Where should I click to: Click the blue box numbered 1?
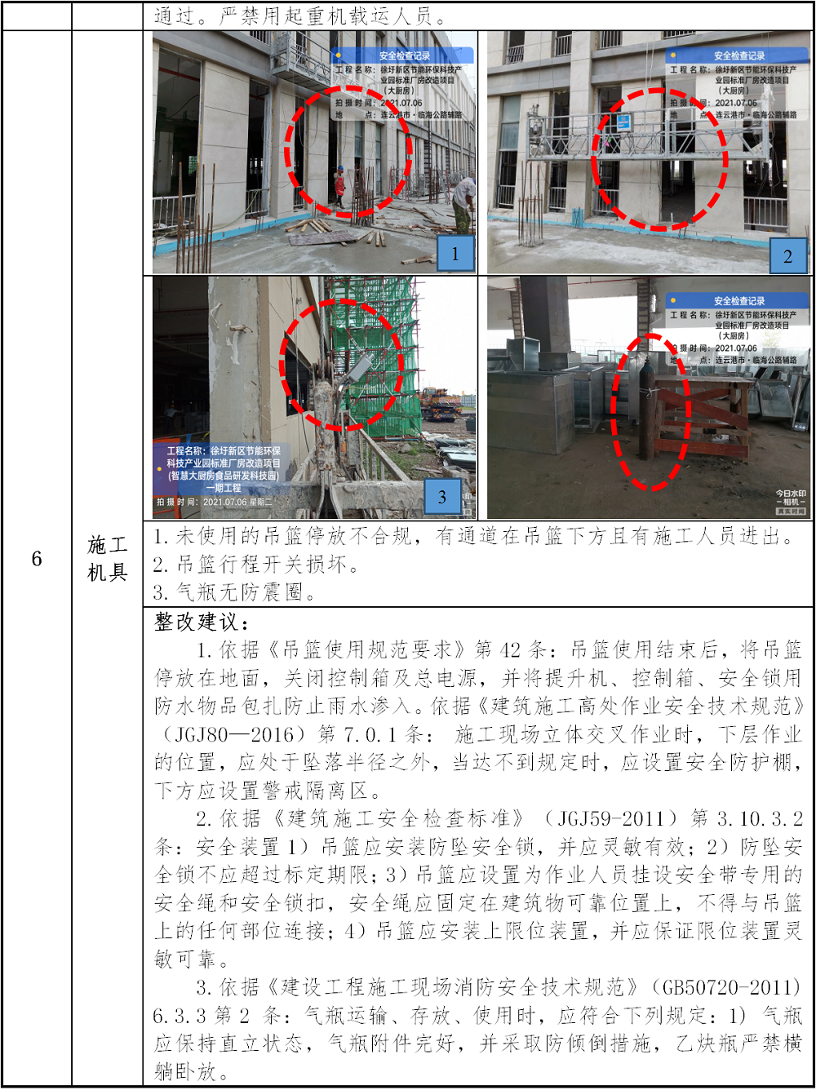(455, 253)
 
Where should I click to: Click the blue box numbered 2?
(788, 255)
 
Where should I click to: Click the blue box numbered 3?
(442, 496)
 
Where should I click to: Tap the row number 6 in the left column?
(37, 559)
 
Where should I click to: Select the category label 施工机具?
(107, 559)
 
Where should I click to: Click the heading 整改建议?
(202, 622)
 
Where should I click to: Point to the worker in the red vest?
(339, 186)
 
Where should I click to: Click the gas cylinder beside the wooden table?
(647, 410)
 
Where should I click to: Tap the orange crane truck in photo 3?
(441, 405)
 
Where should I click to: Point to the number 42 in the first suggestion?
(509, 650)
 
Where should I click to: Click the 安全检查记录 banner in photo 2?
(738, 55)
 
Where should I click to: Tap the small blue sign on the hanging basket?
(623, 122)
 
